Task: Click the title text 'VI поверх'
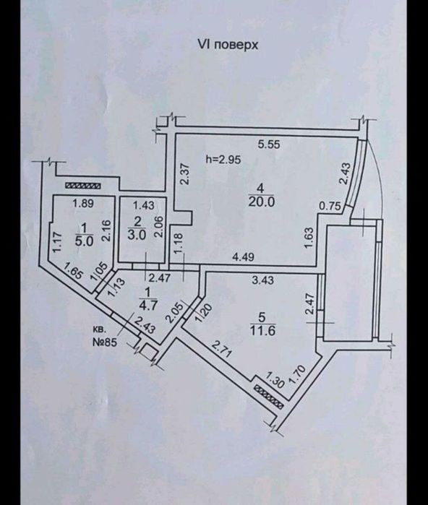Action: click(x=228, y=45)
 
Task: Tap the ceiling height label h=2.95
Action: click(x=223, y=160)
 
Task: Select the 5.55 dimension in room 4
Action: click(x=269, y=144)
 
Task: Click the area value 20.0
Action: click(x=261, y=202)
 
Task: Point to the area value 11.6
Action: click(x=262, y=330)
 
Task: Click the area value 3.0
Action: click(x=137, y=235)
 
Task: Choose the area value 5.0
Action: click(x=84, y=241)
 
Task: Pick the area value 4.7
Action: click(x=147, y=304)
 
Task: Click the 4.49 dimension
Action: click(x=244, y=256)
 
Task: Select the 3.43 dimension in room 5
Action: click(x=262, y=280)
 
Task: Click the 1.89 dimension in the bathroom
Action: click(x=83, y=204)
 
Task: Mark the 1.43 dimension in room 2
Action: click(x=144, y=205)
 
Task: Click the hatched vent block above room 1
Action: click(x=83, y=186)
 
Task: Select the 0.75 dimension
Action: click(x=330, y=206)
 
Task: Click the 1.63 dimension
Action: click(x=308, y=238)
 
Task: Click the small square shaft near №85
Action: click(x=149, y=352)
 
